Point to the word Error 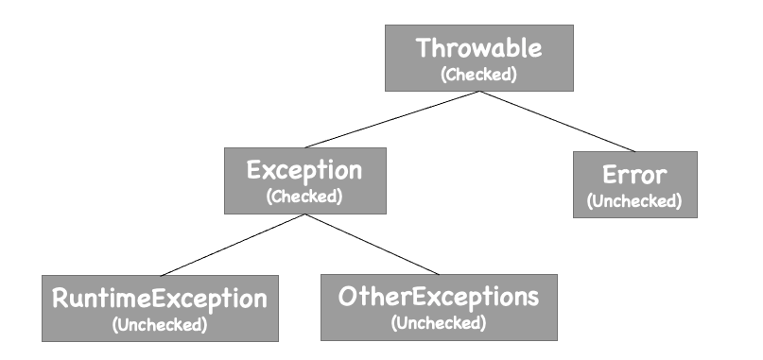coord(634,175)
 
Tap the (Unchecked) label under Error coord(634,201)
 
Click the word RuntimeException coord(159,299)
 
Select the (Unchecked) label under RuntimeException coord(159,324)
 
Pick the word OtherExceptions coord(438,298)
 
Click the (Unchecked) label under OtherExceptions coord(438,324)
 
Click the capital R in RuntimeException coord(59,299)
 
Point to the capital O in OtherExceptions coord(350,298)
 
